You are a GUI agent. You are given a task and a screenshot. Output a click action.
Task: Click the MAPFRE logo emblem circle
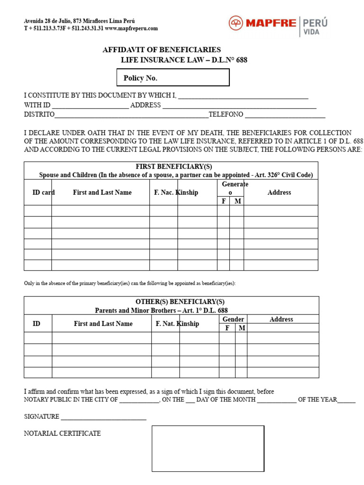point(236,23)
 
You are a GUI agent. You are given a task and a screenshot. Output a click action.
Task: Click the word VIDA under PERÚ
point(311,32)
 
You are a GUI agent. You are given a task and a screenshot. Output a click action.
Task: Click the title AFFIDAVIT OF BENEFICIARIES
point(162,50)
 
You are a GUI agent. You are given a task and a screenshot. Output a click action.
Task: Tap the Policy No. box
point(173,78)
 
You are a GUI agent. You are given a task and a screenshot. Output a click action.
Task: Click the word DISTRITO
point(39,115)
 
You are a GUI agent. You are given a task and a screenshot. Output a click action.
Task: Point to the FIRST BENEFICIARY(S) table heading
point(174,167)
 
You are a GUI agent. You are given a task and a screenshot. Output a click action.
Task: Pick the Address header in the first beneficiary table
point(279,192)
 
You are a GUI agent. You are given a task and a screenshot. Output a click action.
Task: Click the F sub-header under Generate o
point(224,201)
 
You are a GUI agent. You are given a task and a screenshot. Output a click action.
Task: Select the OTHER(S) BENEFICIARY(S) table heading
point(180,302)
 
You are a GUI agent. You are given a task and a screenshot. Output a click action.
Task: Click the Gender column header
point(233,319)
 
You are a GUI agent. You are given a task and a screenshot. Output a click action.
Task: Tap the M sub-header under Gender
point(242,328)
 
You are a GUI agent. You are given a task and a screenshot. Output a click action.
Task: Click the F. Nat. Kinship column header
point(177,323)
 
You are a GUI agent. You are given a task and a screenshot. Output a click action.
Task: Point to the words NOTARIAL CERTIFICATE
point(62,433)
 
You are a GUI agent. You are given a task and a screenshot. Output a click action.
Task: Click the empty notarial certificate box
point(208,448)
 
